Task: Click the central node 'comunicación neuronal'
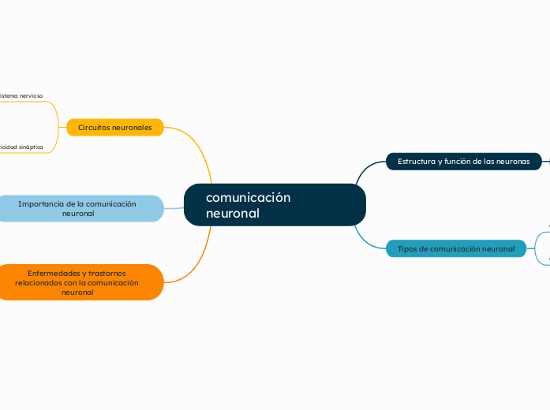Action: click(x=275, y=205)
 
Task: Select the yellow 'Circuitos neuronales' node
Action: click(x=115, y=127)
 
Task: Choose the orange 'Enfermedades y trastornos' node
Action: click(x=77, y=282)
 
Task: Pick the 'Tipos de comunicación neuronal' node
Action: click(x=455, y=248)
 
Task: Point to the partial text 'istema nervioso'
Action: click(x=22, y=95)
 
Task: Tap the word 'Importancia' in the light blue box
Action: click(x=40, y=203)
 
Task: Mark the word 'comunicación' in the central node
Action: click(x=248, y=197)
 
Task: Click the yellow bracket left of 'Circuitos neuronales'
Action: click(x=57, y=127)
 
